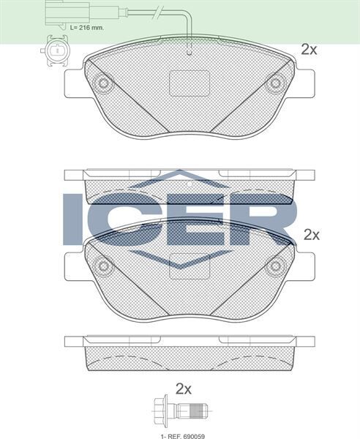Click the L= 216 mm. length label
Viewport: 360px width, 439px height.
(87, 28)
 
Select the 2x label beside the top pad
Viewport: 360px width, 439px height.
(309, 50)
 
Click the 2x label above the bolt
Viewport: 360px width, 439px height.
(184, 389)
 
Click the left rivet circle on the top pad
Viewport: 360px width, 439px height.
(104, 83)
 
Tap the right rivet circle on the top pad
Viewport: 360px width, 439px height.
(275, 83)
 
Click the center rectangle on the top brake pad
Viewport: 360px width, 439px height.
(190, 83)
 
